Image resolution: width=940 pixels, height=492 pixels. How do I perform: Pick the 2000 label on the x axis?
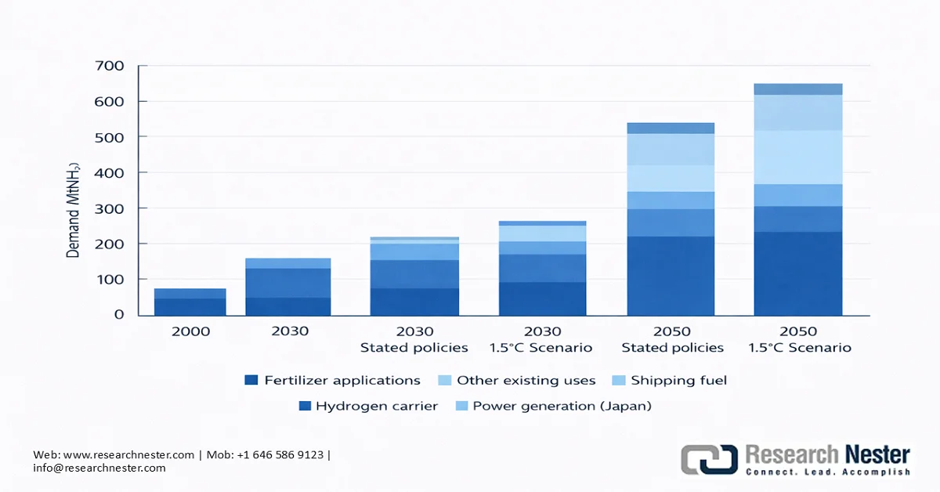point(190,331)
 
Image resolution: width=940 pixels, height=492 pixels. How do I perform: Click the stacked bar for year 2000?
point(190,302)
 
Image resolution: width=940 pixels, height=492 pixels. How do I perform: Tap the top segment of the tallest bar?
point(798,89)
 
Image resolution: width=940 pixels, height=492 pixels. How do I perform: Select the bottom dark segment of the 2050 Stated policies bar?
point(670,276)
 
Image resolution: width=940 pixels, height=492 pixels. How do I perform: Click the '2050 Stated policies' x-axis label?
point(672,339)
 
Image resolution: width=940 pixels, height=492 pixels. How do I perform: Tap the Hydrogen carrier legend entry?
point(369,406)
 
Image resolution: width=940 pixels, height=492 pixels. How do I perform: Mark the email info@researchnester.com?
point(99,468)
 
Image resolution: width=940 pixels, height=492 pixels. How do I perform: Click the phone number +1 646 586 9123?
point(284,454)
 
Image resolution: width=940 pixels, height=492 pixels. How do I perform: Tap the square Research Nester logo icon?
point(709,459)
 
